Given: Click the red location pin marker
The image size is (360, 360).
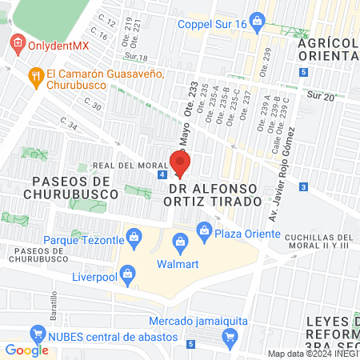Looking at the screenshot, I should [180, 162].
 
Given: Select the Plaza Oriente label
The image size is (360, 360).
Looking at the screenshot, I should [247, 234].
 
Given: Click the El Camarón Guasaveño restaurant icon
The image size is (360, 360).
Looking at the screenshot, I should [34, 77].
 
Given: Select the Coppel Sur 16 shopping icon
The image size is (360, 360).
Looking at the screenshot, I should [256, 19].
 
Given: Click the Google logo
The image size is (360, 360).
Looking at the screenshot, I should [26, 350].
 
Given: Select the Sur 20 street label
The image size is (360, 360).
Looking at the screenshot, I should [320, 95].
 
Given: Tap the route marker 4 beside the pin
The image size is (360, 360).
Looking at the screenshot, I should [162, 174].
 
